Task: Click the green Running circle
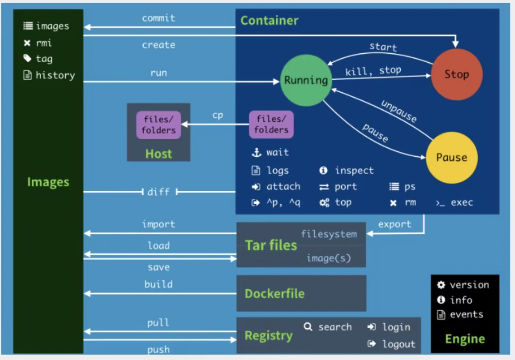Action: click(306, 81)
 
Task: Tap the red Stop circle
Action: click(456, 74)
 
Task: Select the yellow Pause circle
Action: click(451, 158)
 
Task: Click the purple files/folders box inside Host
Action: click(159, 125)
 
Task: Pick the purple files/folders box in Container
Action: click(271, 124)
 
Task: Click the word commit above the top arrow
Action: click(159, 18)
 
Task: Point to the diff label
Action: click(159, 192)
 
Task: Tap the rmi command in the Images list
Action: click(44, 43)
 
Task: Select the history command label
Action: click(55, 75)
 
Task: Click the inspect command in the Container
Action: click(354, 171)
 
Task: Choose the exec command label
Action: click(461, 202)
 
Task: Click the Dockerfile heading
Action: click(275, 294)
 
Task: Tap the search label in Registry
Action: click(335, 327)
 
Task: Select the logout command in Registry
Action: click(399, 344)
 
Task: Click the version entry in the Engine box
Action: click(469, 285)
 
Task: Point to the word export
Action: click(395, 224)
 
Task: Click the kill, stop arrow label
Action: click(373, 71)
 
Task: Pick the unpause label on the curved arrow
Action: click(399, 111)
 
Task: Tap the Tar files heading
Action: click(271, 245)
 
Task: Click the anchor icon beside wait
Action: click(256, 153)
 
